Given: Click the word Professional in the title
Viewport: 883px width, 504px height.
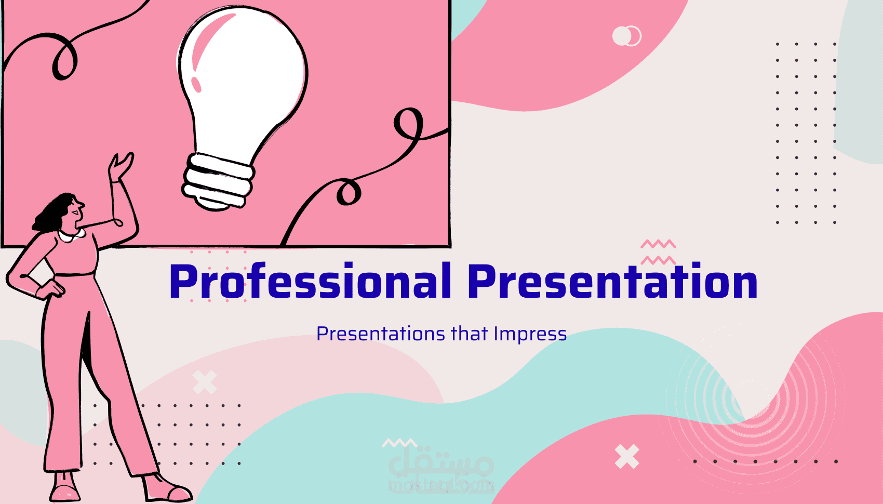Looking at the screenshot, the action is point(310,281).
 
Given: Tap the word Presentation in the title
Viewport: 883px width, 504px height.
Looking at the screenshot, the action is point(612,281).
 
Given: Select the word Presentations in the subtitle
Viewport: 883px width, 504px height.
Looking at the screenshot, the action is point(381,335).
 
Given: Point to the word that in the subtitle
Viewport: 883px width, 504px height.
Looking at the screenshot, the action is point(469,334).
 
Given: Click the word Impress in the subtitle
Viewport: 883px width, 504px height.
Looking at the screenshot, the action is point(530,335).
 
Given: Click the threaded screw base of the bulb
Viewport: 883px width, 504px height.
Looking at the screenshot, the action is point(218,181).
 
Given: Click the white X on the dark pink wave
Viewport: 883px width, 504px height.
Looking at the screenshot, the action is point(627,456).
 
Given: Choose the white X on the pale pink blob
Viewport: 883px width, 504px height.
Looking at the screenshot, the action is point(205,382).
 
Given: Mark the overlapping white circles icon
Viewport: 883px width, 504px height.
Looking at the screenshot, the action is point(627,36).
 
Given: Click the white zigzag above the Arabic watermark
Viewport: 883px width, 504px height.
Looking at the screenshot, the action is point(399,443).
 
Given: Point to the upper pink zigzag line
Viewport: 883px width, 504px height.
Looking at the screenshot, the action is point(658,244).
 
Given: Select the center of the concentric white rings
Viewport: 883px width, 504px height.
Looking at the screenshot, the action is point(751,399).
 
